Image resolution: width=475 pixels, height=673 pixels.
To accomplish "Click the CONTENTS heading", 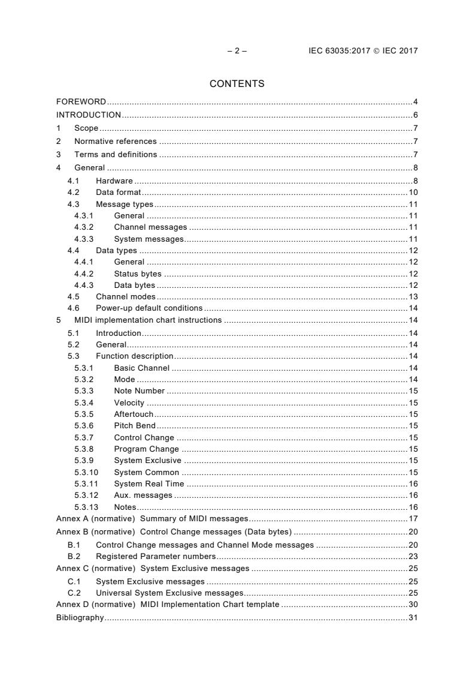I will coord(237,84).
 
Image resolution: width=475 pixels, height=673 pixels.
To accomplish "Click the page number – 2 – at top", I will coord(237,51).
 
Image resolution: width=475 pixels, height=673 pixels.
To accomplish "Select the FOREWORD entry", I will coord(81,101).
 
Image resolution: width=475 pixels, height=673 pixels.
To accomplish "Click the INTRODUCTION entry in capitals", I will coord(89,115).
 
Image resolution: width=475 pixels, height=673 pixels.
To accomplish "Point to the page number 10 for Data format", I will coord(413,193).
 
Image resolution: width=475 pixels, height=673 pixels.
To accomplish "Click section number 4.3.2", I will coord(84,227).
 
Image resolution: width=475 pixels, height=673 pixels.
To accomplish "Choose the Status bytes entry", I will coord(137,274).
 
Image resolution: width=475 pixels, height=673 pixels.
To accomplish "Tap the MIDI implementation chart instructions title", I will coord(148,320).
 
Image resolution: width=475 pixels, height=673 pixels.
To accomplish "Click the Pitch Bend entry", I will coord(134,426).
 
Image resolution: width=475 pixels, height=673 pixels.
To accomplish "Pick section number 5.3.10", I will coord(86,472).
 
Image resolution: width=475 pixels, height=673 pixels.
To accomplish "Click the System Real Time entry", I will coord(149,483).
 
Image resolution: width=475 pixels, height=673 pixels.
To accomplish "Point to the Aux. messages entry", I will coord(143,495).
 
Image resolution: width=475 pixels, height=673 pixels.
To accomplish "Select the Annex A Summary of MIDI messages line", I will coord(152,519).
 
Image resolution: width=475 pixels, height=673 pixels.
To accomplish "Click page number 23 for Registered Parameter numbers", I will coord(413,556).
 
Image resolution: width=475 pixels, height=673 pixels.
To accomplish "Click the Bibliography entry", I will coord(80,617).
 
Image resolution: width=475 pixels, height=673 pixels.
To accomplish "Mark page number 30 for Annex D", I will coord(413,604).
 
